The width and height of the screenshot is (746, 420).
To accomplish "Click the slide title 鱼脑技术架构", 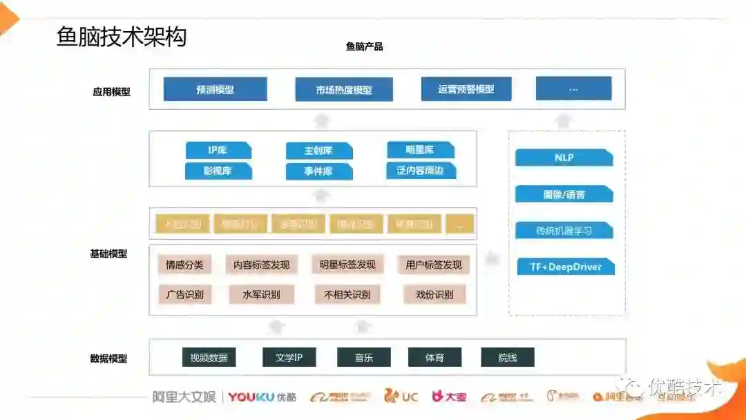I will click(x=122, y=37).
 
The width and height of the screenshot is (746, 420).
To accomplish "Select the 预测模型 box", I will click(x=215, y=89).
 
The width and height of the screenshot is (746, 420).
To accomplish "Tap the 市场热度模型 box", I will click(x=344, y=90).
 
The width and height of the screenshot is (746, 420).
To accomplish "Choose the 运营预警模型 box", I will click(x=466, y=89).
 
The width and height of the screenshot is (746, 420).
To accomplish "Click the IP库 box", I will click(x=218, y=150).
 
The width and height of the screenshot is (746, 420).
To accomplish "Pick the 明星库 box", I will click(x=420, y=149).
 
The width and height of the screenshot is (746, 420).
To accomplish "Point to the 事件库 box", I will click(x=318, y=171).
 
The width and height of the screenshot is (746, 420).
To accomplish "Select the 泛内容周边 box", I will click(x=421, y=170).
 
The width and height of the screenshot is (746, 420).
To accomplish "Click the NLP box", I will click(x=564, y=157).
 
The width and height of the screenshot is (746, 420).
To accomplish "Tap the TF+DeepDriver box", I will click(x=565, y=267).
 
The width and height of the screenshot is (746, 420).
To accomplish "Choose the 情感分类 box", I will click(x=184, y=265).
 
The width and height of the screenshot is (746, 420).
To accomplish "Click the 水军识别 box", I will click(x=261, y=295).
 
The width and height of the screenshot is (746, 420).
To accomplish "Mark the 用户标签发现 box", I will click(x=433, y=265).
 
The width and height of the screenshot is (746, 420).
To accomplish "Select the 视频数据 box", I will click(x=209, y=357).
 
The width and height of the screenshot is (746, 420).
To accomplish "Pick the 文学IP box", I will click(x=289, y=357).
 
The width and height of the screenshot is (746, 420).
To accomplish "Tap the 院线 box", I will click(x=507, y=357).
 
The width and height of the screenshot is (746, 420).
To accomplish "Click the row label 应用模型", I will click(x=111, y=91).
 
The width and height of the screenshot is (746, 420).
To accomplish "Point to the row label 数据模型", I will click(x=108, y=359).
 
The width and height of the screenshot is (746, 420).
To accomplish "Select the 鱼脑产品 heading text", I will click(x=364, y=47).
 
